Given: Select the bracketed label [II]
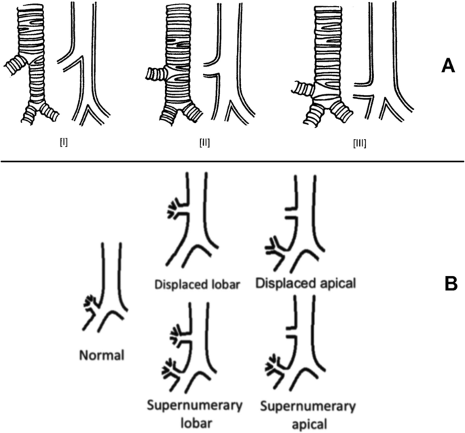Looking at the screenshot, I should pyautogui.click(x=204, y=144).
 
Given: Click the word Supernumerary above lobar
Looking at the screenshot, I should pyautogui.click(x=193, y=406).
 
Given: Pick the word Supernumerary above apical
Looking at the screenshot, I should pyautogui.click(x=307, y=407).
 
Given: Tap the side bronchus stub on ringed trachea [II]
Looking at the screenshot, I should pyautogui.click(x=157, y=74).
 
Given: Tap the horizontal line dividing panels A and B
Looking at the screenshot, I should pyautogui.click(x=232, y=161).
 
